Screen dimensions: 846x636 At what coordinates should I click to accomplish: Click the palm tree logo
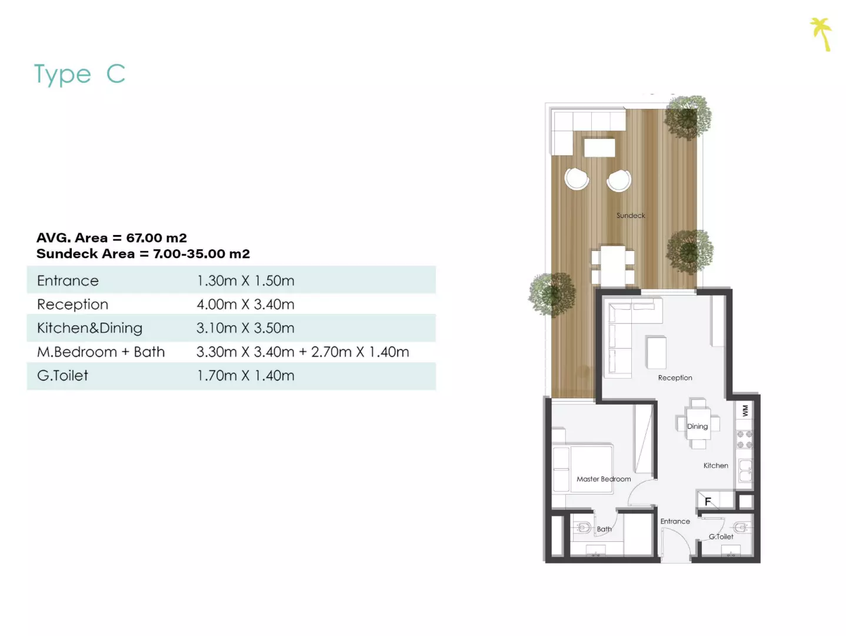pyautogui.click(x=821, y=34)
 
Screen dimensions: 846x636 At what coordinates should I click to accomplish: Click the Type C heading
pyautogui.click(x=80, y=74)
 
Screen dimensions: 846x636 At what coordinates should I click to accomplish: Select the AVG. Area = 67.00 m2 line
pyautogui.click(x=111, y=237)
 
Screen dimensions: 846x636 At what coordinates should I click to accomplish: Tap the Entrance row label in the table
pyautogui.click(x=68, y=280)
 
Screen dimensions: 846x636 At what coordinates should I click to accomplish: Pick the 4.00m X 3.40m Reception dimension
pyautogui.click(x=245, y=304)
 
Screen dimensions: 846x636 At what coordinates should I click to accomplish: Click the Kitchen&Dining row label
pyautogui.click(x=90, y=328)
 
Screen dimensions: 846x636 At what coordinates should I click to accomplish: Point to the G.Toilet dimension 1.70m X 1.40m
pyautogui.click(x=245, y=375)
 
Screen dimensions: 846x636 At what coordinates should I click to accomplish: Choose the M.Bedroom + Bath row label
pyautogui.click(x=101, y=352)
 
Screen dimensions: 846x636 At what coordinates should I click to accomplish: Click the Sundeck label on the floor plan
pyautogui.click(x=631, y=215)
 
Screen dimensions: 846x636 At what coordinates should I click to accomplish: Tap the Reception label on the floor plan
pyautogui.click(x=675, y=377)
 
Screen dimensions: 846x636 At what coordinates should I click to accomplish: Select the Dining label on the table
pyautogui.click(x=697, y=426)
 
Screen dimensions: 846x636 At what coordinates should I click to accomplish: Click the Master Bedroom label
pyautogui.click(x=604, y=479)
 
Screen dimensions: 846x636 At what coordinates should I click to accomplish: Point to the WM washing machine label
pyautogui.click(x=745, y=410)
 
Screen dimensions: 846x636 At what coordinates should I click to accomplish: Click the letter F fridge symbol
pyautogui.click(x=708, y=501)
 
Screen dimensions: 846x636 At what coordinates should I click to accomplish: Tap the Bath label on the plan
pyautogui.click(x=604, y=529)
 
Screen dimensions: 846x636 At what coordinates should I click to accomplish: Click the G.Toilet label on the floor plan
pyautogui.click(x=721, y=536)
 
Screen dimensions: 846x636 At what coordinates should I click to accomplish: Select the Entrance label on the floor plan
pyautogui.click(x=675, y=521)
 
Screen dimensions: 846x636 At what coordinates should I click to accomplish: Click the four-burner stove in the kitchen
pyautogui.click(x=744, y=440)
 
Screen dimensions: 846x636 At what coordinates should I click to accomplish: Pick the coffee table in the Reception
pyautogui.click(x=657, y=353)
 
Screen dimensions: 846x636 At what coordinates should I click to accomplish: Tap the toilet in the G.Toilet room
pyautogui.click(x=741, y=527)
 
